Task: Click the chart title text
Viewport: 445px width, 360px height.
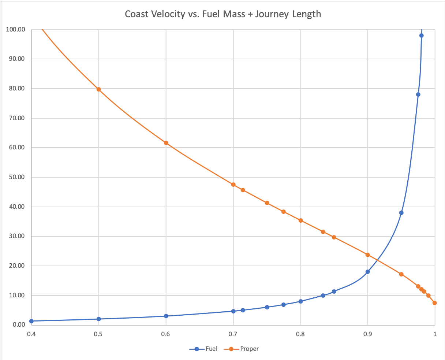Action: pos(222,14)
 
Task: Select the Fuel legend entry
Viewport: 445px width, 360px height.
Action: pos(211,349)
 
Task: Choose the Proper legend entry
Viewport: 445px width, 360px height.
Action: pos(249,349)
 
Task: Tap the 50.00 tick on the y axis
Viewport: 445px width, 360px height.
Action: pos(16,177)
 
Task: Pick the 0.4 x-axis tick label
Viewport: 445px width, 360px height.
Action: pos(31,334)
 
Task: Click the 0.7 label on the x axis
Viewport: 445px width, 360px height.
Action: pos(233,334)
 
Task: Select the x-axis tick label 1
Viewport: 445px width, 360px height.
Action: pos(435,334)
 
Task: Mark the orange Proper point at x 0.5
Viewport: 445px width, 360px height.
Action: pos(98,89)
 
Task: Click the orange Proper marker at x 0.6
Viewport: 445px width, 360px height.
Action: pos(166,143)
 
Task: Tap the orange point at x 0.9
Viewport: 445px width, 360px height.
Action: pos(367,255)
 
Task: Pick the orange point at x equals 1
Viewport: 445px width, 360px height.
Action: pos(435,303)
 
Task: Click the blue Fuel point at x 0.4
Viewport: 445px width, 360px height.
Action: pos(31,321)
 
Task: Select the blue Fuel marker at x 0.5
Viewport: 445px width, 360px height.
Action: pos(98,319)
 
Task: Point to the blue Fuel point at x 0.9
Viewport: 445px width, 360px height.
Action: pos(367,272)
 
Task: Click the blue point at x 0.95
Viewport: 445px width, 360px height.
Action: pos(401,213)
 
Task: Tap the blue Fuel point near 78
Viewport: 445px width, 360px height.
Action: pos(418,94)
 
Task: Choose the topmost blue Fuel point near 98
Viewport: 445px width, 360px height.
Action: pos(421,36)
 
